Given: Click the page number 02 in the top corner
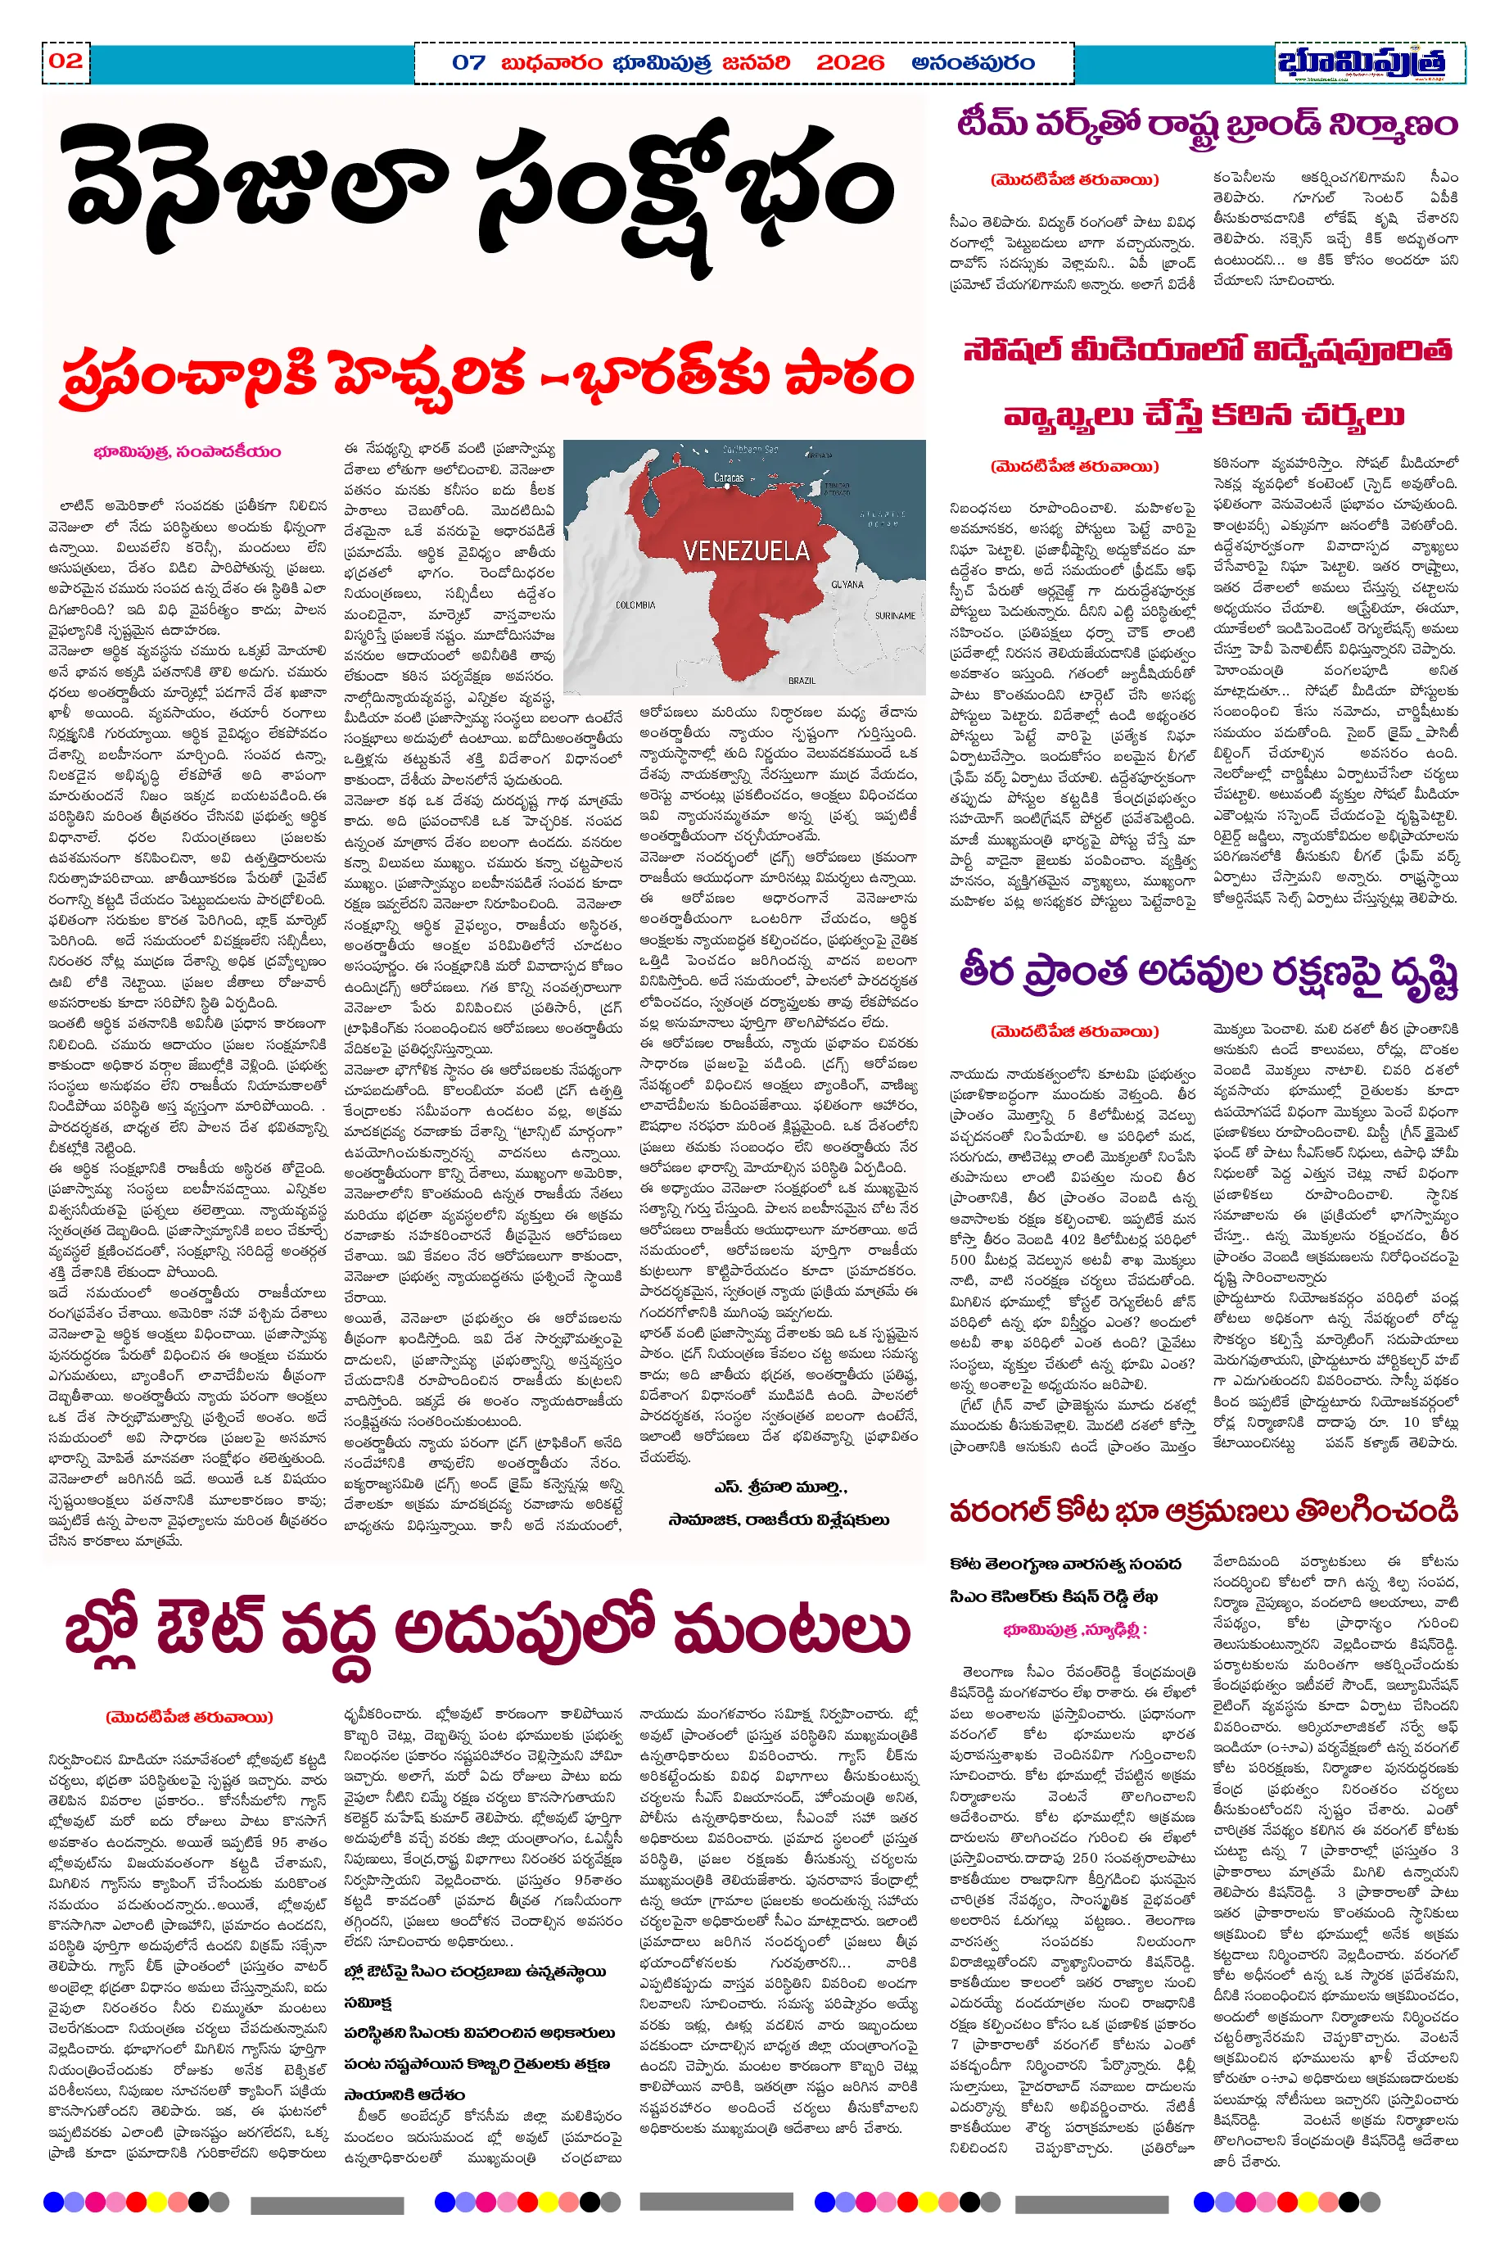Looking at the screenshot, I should (x=66, y=61).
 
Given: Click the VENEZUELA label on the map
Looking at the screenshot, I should (x=746, y=550).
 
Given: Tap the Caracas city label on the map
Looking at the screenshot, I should (x=729, y=477).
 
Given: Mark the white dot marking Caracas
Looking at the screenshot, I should (x=730, y=487).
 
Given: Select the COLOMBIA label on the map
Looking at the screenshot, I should (x=635, y=604).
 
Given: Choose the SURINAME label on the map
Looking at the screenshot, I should (x=895, y=615).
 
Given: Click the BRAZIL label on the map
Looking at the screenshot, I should (x=801, y=680).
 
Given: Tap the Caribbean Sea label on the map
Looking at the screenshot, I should (x=750, y=450).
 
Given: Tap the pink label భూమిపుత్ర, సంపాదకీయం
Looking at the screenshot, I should (x=187, y=451).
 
